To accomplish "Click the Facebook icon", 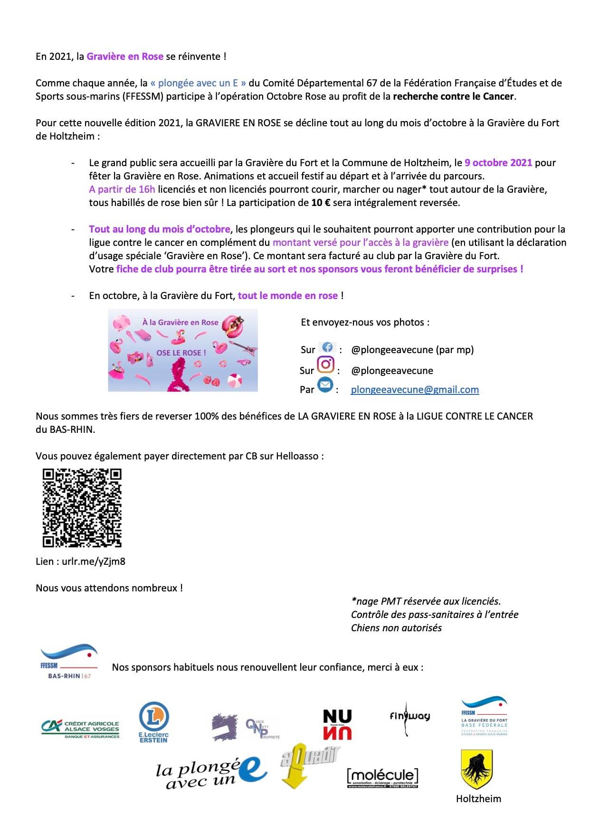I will point(327,347).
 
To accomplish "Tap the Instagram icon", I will point(325,365).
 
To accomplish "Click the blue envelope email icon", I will point(325,385).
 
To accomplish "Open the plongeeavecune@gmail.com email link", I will point(415,390).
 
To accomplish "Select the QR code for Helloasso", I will point(82,508).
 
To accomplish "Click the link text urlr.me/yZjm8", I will point(94,561).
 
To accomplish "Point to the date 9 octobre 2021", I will point(498,163).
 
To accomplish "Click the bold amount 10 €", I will point(321,203).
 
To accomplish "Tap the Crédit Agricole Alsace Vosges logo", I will point(80,729).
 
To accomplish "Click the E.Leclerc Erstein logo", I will point(153,722).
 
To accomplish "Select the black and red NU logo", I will point(337,725).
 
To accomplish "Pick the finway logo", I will point(409,717).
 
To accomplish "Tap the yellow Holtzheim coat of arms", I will point(476,769).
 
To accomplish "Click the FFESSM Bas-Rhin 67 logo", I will point(69,661).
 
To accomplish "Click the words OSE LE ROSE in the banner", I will point(181,353).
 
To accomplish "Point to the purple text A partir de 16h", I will point(122,189).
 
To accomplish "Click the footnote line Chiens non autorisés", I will point(396,628).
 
